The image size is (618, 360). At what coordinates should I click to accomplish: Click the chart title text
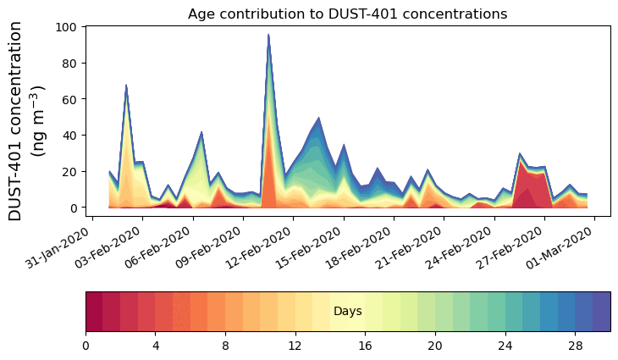click(347, 14)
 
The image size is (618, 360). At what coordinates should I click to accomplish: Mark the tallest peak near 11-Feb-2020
click(268, 36)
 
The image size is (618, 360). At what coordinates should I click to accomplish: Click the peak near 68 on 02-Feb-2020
click(126, 86)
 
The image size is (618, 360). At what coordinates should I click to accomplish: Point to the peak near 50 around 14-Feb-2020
click(318, 119)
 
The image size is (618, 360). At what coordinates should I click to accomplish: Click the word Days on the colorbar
click(348, 312)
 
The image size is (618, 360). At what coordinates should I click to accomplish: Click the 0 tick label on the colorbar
click(86, 346)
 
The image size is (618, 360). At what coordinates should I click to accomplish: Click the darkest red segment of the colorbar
click(94, 312)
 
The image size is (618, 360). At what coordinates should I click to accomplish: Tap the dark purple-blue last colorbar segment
click(601, 312)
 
